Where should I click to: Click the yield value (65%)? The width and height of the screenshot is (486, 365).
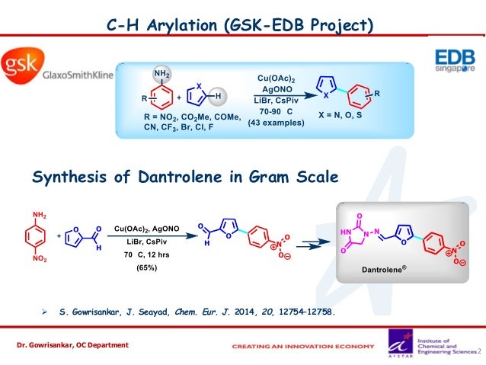[x=146, y=267]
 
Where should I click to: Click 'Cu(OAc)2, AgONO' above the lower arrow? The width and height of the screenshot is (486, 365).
[x=146, y=229]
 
